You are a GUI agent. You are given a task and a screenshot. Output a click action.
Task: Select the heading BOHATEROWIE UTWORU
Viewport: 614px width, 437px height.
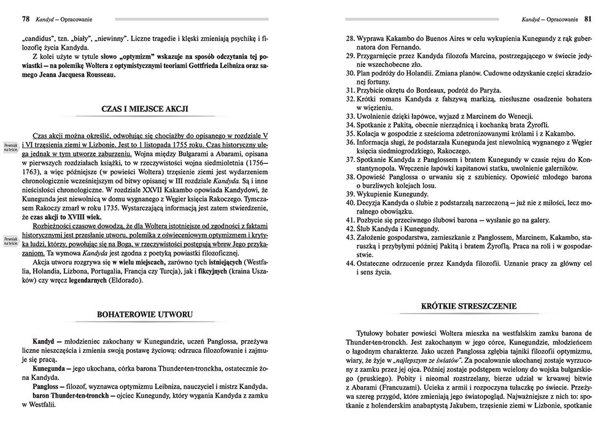145,315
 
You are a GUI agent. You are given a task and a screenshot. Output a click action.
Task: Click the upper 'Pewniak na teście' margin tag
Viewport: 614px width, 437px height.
9,144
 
